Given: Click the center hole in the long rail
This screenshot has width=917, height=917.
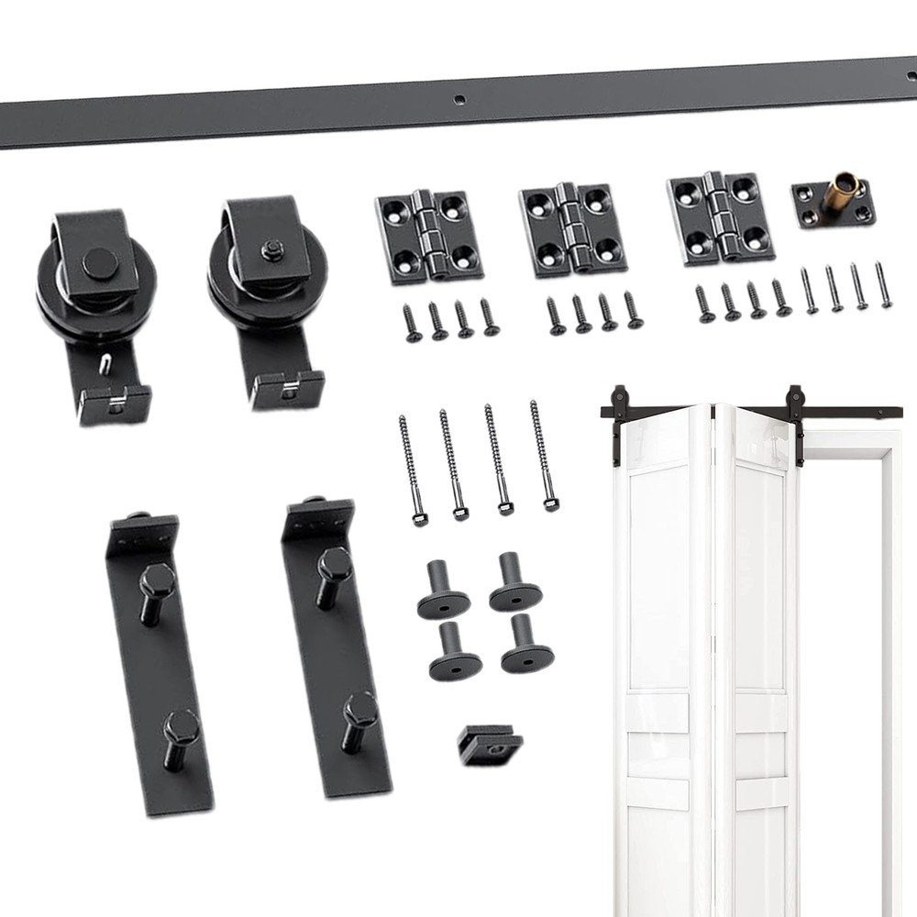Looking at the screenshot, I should tap(460, 98).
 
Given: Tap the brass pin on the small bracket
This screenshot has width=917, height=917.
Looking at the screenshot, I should tap(836, 193).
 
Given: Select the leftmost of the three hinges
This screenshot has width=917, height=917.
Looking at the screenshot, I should tap(428, 235).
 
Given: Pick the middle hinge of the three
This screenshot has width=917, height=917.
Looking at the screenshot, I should tap(572, 229).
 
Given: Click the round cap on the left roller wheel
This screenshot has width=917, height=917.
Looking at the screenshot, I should tap(99, 264).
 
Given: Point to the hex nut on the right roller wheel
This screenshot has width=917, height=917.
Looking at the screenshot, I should tap(271, 250).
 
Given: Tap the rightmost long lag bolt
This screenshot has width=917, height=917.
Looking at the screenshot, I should tap(542, 454).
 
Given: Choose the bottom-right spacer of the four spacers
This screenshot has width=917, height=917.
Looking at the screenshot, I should tap(526, 646).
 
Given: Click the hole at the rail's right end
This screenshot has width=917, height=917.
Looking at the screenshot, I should tap(910, 72).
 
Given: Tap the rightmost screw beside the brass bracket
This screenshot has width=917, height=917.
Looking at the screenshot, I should tap(883, 285).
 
